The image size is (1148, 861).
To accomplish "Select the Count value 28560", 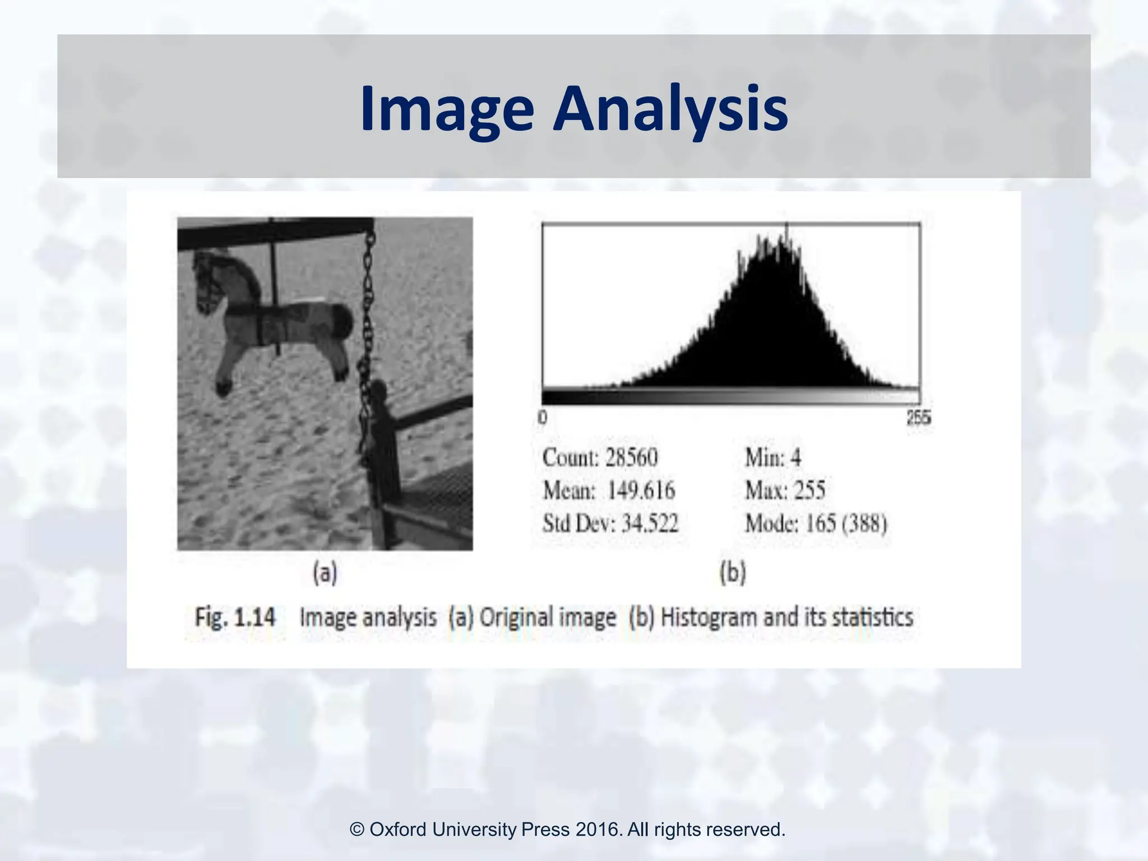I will point(631,457).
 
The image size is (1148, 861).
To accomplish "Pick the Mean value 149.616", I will point(641,491).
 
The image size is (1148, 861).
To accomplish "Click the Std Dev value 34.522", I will point(650,524).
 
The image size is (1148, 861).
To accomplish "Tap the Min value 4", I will point(795,457).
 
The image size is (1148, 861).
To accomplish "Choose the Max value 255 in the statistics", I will point(809,491).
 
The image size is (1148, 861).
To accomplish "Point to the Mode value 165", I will point(821,524).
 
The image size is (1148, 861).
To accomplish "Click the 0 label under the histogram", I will point(542,418).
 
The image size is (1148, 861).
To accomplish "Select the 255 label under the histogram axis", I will point(919,418).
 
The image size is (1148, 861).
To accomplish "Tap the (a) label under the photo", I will point(325,573).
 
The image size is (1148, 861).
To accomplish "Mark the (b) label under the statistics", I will point(733,573).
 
